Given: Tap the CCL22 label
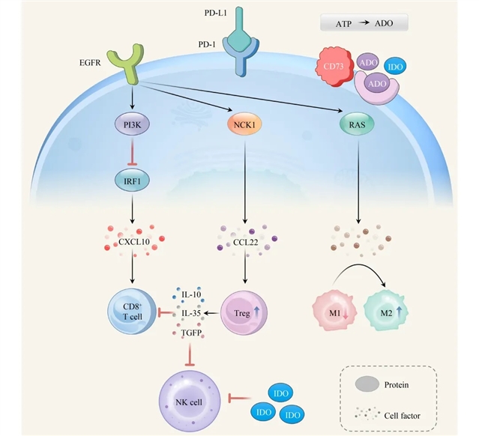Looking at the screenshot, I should tap(241, 243).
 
